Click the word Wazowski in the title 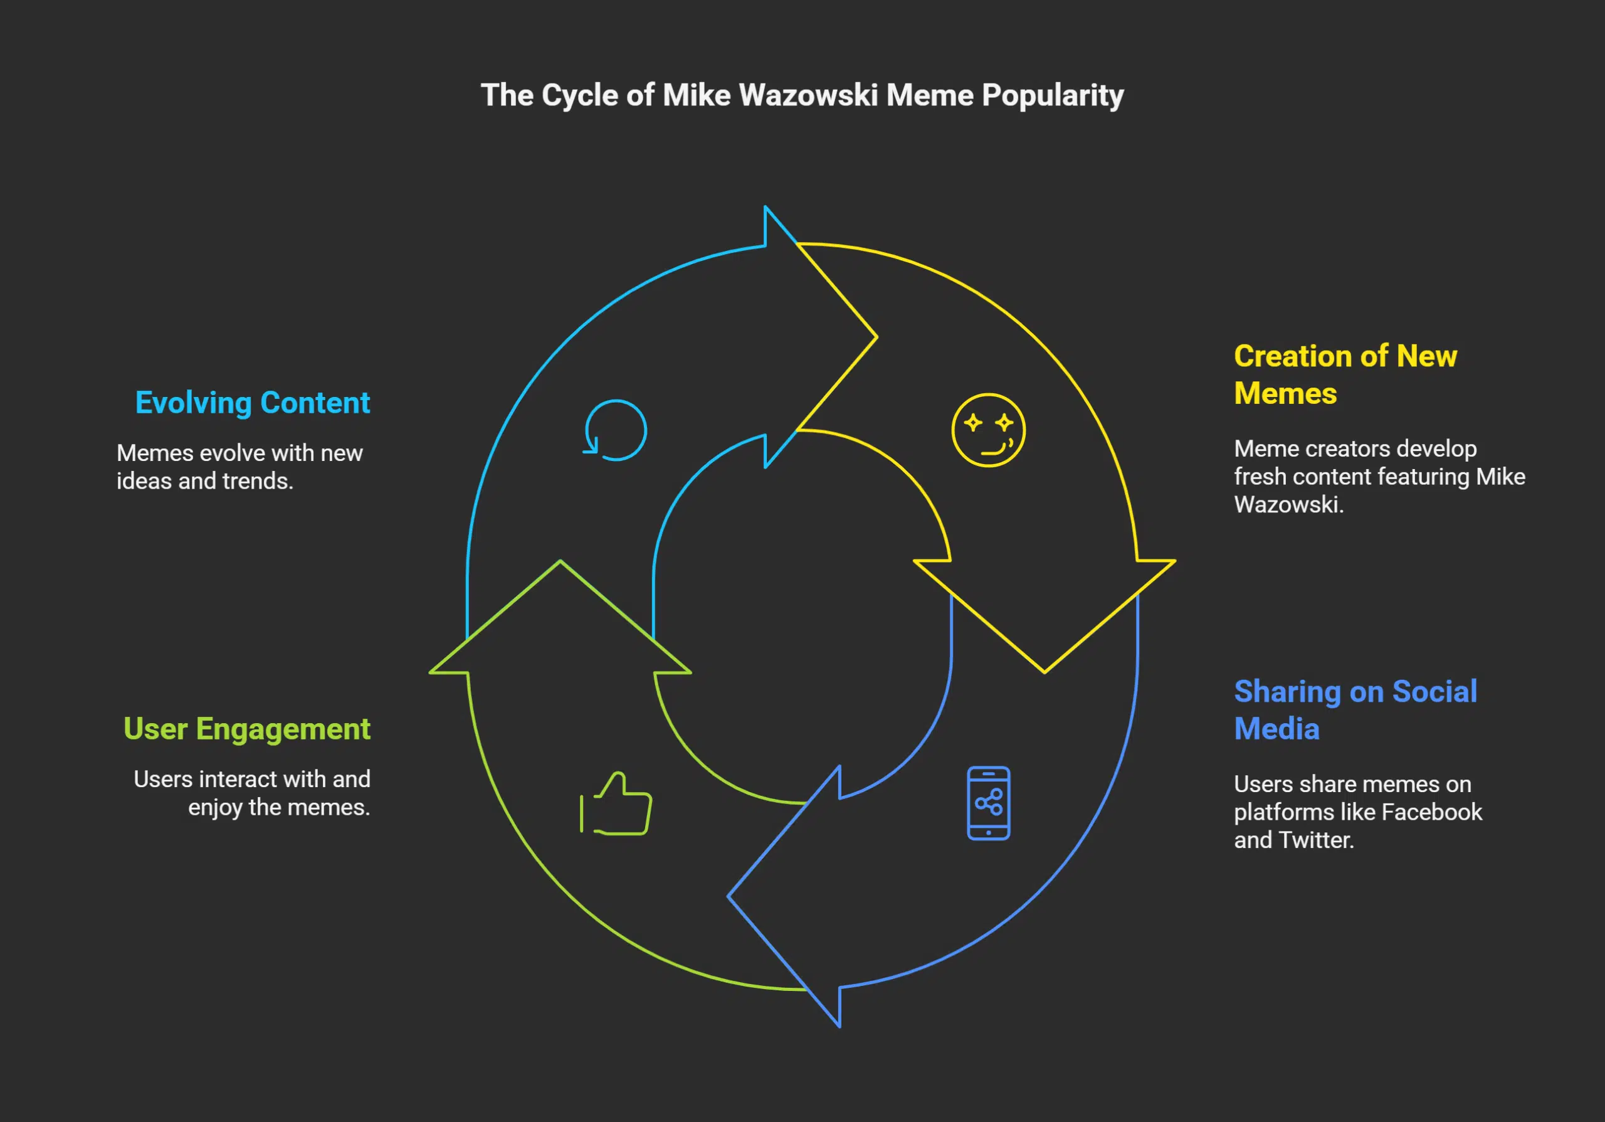point(808,95)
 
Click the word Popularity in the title point(1052,97)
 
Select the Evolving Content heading point(253,403)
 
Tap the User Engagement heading point(247,729)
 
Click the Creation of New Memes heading point(1344,374)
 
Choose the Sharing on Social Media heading point(1355,710)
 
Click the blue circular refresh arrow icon point(615,430)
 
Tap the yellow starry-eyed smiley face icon point(987,430)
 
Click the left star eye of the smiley point(972,422)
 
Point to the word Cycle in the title point(579,96)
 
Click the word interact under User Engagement point(247,780)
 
